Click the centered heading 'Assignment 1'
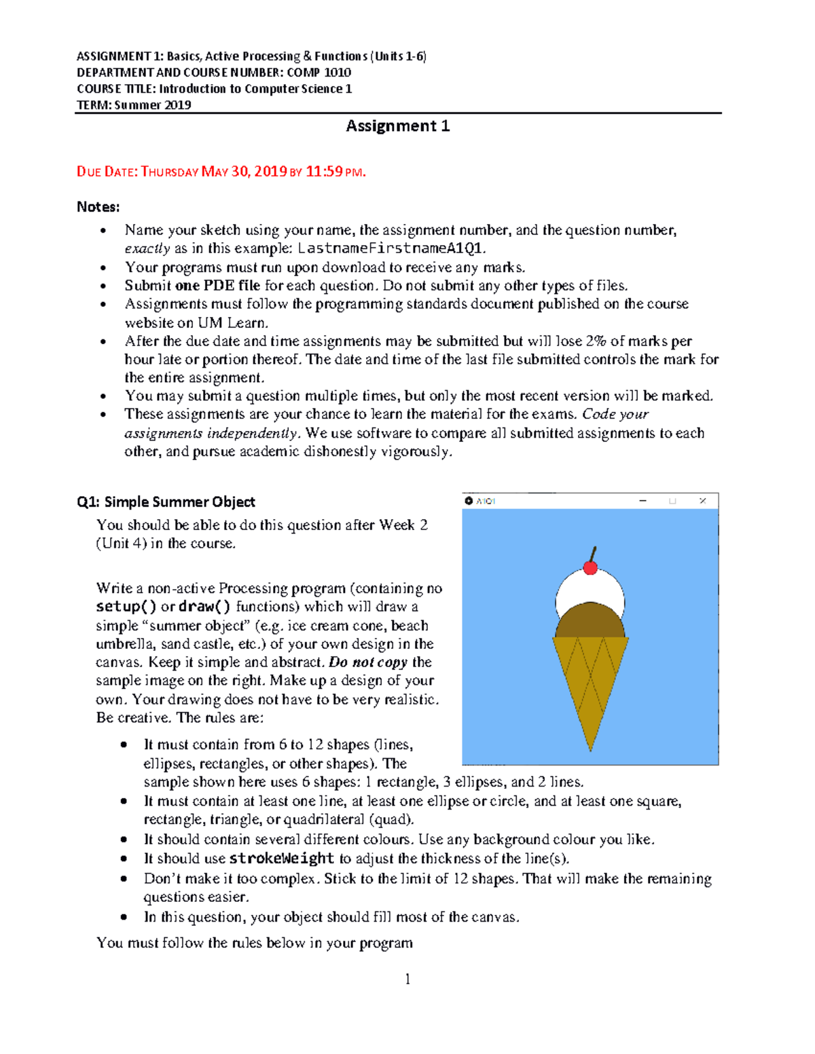pos(397,126)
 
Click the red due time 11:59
pos(324,172)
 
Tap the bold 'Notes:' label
pos(98,207)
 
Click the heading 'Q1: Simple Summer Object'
pos(166,502)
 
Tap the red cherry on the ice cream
pos(590,567)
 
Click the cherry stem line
pos(594,554)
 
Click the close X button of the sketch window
pos(703,501)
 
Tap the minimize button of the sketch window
pos(642,501)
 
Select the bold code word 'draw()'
pos(204,607)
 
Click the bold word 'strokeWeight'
pos(282,859)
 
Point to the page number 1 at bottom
pos(407,979)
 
